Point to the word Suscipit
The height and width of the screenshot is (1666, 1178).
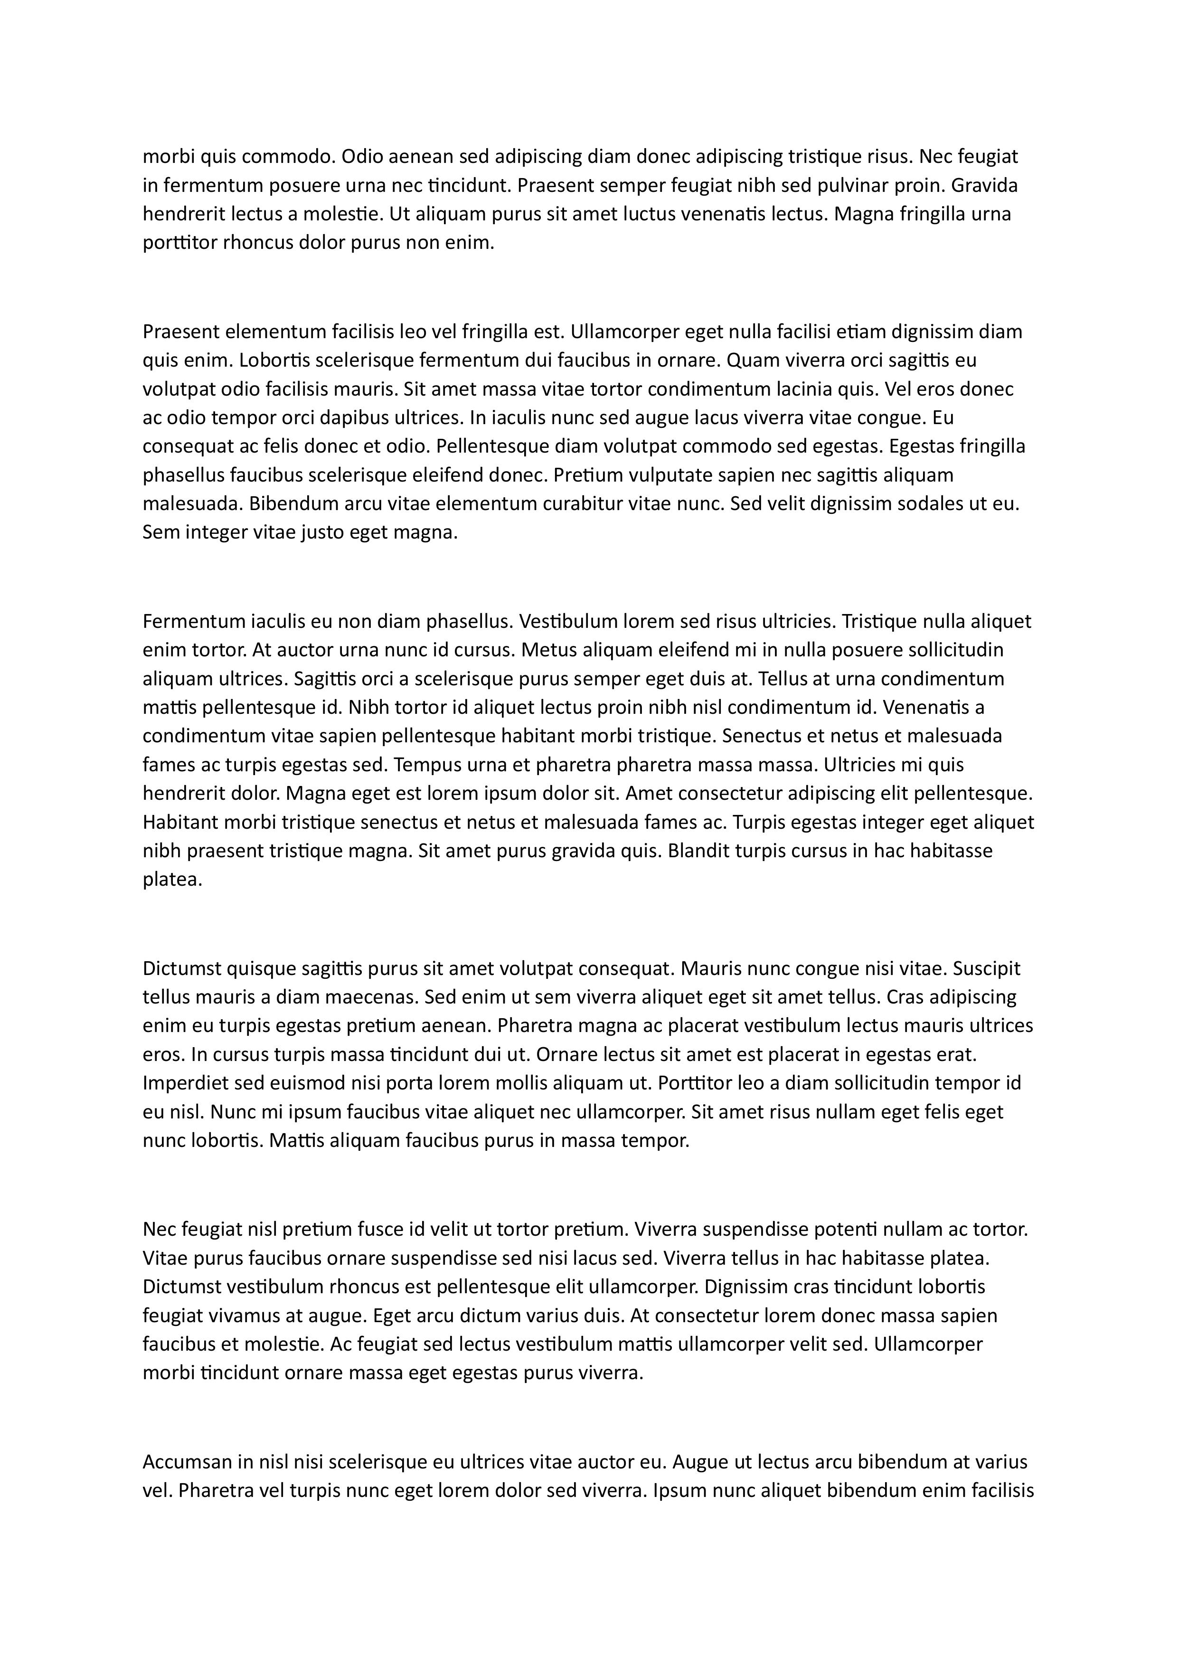pyautogui.click(x=987, y=969)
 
